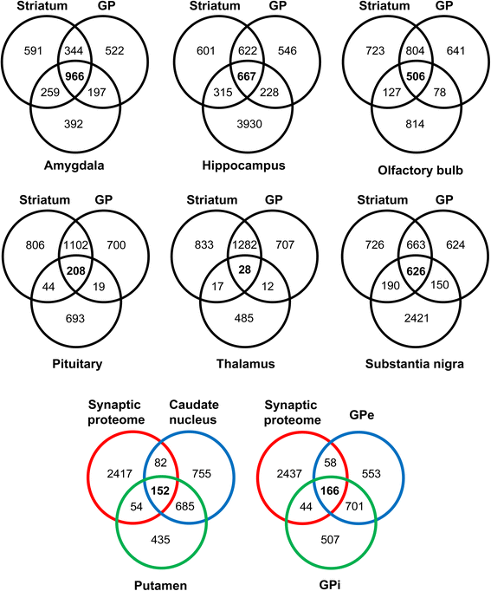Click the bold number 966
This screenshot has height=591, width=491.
tap(74, 76)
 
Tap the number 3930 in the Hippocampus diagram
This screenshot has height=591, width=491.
tap(249, 124)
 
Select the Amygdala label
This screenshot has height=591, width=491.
tap(74, 166)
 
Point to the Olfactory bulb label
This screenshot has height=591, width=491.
tap(420, 171)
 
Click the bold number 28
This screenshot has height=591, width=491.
tap(245, 270)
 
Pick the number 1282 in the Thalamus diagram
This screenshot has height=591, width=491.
tap(244, 245)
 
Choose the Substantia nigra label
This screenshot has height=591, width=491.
tap(415, 364)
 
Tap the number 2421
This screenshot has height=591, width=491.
tap(417, 319)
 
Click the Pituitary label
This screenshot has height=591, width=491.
tap(77, 364)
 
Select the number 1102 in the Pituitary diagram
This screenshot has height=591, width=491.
tap(75, 245)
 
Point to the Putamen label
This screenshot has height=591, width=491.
tap(161, 585)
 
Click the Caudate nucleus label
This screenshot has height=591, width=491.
tap(193, 412)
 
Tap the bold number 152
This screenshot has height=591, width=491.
tap(160, 490)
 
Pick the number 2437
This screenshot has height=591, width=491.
tap(289, 473)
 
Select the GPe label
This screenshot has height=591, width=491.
tap(362, 416)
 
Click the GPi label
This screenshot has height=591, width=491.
tap(330, 585)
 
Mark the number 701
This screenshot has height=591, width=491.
tap(354, 506)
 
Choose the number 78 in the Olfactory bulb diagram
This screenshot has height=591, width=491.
tap(440, 93)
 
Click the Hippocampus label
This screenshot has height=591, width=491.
tap(243, 166)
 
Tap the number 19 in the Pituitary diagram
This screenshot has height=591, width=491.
tap(99, 287)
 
